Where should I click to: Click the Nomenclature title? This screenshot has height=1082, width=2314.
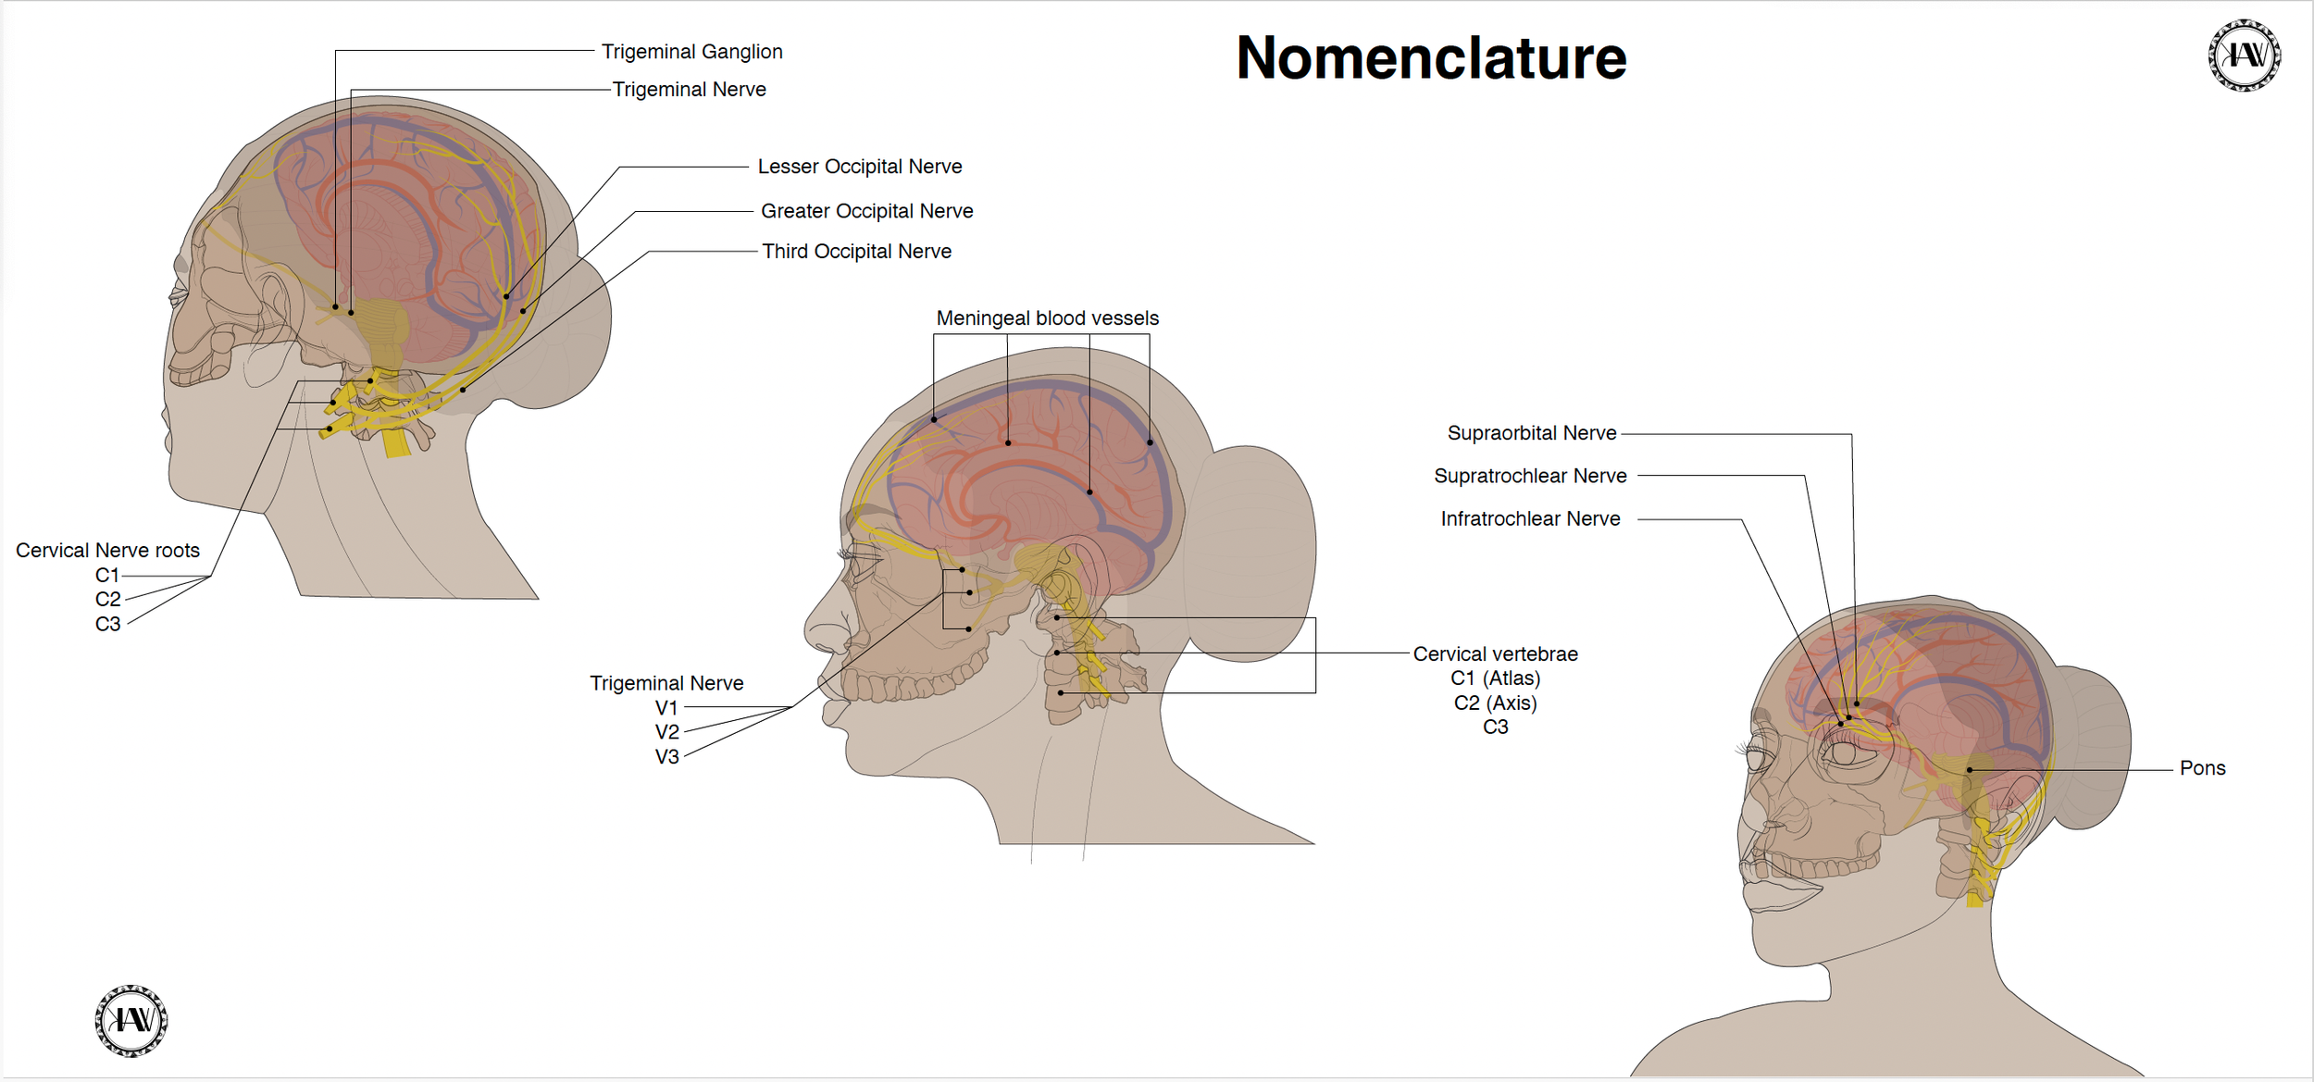pyautogui.click(x=1431, y=58)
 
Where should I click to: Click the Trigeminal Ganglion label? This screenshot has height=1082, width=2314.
pyautogui.click(x=691, y=52)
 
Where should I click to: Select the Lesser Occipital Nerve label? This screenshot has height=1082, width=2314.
pyautogui.click(x=859, y=167)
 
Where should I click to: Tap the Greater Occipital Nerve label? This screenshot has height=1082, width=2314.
pyautogui.click(x=866, y=211)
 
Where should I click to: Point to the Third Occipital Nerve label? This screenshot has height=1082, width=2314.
pyautogui.click(x=856, y=252)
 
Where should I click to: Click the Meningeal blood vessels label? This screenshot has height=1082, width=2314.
pyautogui.click(x=1047, y=318)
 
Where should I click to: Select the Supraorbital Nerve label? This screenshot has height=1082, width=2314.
pyautogui.click(x=1531, y=433)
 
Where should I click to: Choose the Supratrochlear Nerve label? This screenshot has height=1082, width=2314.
pyautogui.click(x=1529, y=476)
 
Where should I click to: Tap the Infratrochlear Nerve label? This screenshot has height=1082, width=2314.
pyautogui.click(x=1529, y=519)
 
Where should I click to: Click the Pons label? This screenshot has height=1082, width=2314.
pyautogui.click(x=2201, y=768)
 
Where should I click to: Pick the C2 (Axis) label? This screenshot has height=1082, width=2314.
pyautogui.click(x=1495, y=703)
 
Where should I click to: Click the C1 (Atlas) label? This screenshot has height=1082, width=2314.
pyautogui.click(x=1495, y=678)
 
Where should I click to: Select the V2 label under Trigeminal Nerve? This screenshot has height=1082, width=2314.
pyautogui.click(x=666, y=732)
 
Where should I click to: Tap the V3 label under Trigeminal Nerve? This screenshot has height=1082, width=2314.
pyautogui.click(x=666, y=757)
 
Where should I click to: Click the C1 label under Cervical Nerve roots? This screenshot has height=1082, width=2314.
pyautogui.click(x=107, y=575)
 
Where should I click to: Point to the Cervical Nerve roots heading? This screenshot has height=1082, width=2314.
pyautogui.click(x=107, y=551)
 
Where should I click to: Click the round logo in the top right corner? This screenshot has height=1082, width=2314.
pyautogui.click(x=2244, y=56)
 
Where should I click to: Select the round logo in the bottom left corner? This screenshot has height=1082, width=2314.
pyautogui.click(x=131, y=1020)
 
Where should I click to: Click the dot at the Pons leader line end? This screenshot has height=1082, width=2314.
pyautogui.click(x=1969, y=770)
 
